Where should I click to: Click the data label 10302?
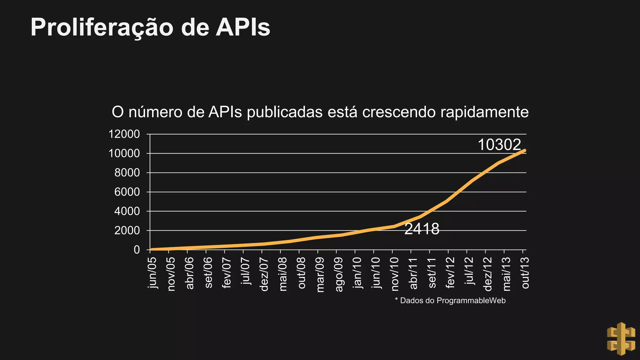tap(499, 145)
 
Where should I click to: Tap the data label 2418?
tap(422, 229)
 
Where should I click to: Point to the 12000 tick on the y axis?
tap(124, 134)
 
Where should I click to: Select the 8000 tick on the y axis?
tap(127, 173)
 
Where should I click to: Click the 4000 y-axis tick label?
tap(127, 212)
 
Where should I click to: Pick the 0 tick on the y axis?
tap(137, 250)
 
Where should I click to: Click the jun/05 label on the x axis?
tap(152, 273)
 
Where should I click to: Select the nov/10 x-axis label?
tap(395, 274)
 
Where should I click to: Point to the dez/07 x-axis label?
tap(264, 274)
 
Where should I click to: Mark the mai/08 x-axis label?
tap(283, 274)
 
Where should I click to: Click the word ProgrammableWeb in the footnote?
tap(471, 301)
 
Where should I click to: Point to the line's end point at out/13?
tap(525, 151)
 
